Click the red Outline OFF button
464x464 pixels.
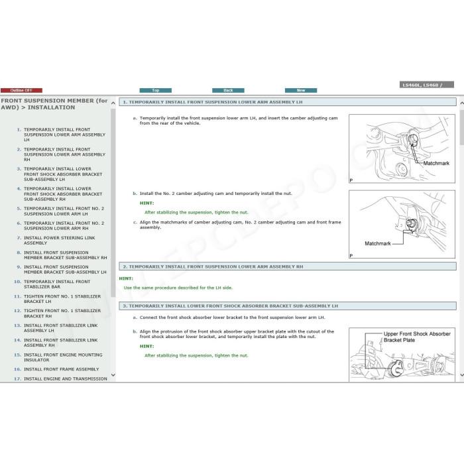tap(21, 90)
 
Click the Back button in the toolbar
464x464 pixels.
tap(228, 90)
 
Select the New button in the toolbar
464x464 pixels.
tap(301, 90)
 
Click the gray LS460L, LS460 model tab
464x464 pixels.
tap(427, 85)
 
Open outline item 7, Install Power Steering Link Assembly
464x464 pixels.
tap(59, 240)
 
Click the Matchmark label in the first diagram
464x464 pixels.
tap(436, 163)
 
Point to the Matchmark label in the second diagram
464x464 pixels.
tap(378, 243)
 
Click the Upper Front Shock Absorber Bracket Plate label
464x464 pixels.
tap(417, 337)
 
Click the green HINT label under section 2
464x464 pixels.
tap(126, 278)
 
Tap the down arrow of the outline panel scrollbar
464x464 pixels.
tap(113, 375)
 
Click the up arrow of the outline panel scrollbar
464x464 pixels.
tap(113, 103)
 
